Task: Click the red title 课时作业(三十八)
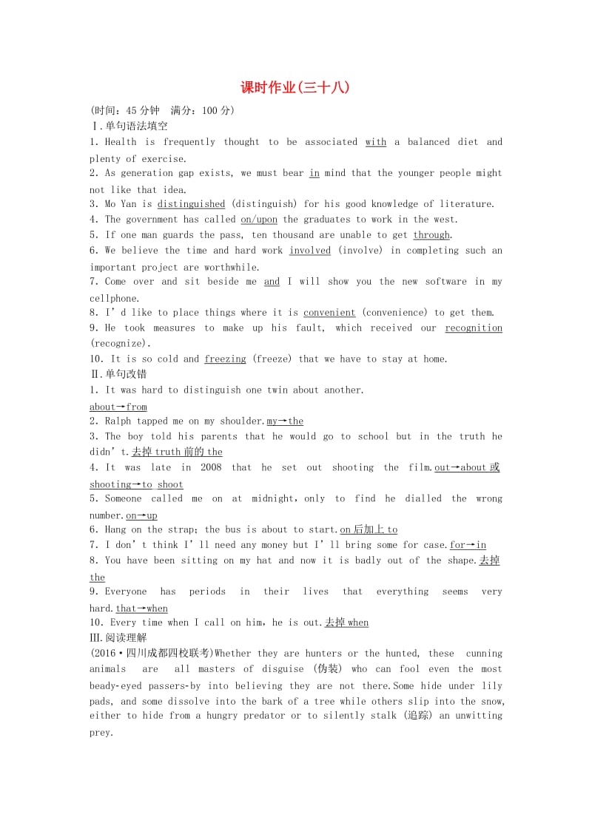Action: click(x=295, y=87)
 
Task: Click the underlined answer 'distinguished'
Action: click(x=191, y=204)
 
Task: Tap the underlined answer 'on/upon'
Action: click(x=259, y=220)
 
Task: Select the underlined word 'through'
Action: click(x=431, y=235)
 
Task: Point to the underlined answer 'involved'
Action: click(x=310, y=251)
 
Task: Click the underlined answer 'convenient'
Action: click(x=329, y=313)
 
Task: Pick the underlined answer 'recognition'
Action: click(x=474, y=328)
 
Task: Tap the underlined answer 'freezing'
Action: click(x=225, y=359)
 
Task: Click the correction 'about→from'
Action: click(x=118, y=407)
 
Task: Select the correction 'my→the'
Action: click(x=285, y=421)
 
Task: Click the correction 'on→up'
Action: click(x=141, y=515)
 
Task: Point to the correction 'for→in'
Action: click(x=468, y=546)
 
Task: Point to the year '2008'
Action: click(x=211, y=467)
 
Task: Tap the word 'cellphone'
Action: click(x=114, y=298)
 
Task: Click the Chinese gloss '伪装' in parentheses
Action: click(x=328, y=669)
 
